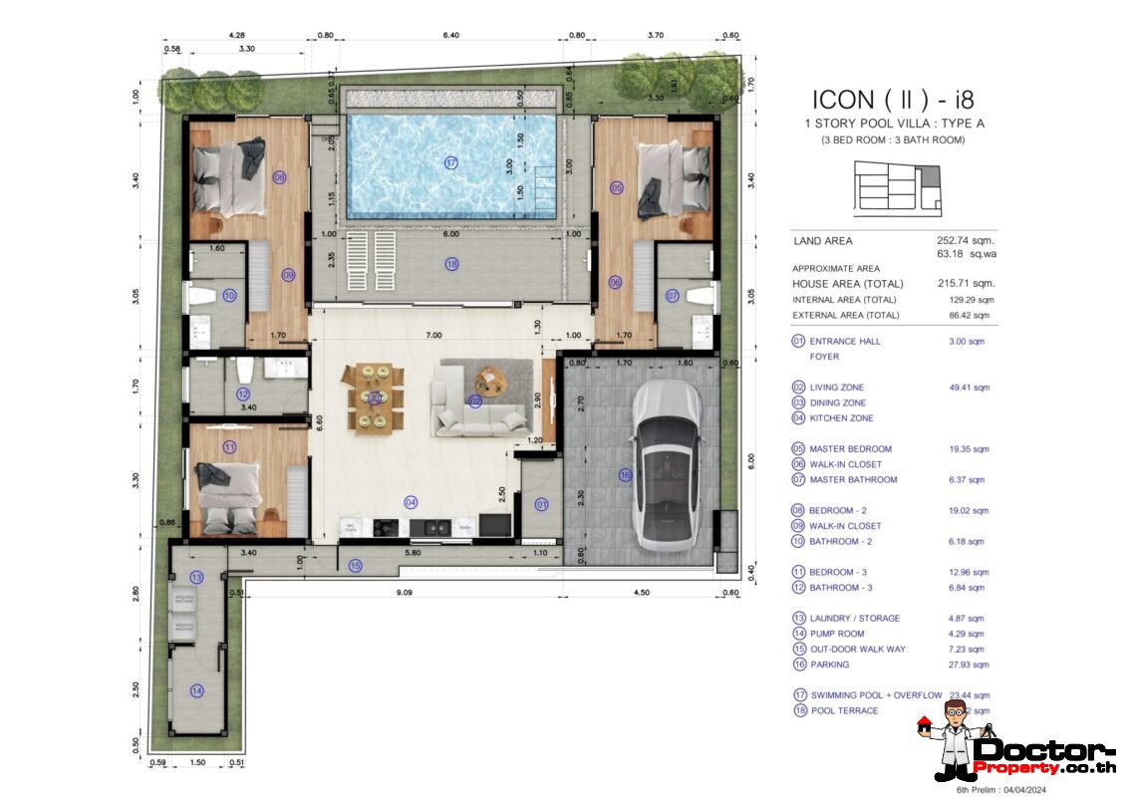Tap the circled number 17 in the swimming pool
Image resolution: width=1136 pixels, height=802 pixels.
tap(451, 162)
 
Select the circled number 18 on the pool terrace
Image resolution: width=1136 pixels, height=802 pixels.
tap(451, 264)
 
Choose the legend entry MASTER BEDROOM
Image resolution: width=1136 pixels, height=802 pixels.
tap(849, 449)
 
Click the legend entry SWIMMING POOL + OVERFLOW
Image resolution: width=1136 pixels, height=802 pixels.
tap(875, 695)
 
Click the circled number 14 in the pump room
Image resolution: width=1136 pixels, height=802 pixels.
tap(197, 690)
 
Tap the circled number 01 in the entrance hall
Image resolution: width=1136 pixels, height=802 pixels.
tap(541, 504)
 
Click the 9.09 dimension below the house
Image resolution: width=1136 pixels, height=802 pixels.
tap(404, 593)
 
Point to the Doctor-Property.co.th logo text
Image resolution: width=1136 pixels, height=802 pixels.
tap(1046, 757)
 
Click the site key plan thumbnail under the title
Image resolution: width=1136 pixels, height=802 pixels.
tap(897, 189)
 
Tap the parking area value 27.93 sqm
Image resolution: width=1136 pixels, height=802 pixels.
tap(969, 665)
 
